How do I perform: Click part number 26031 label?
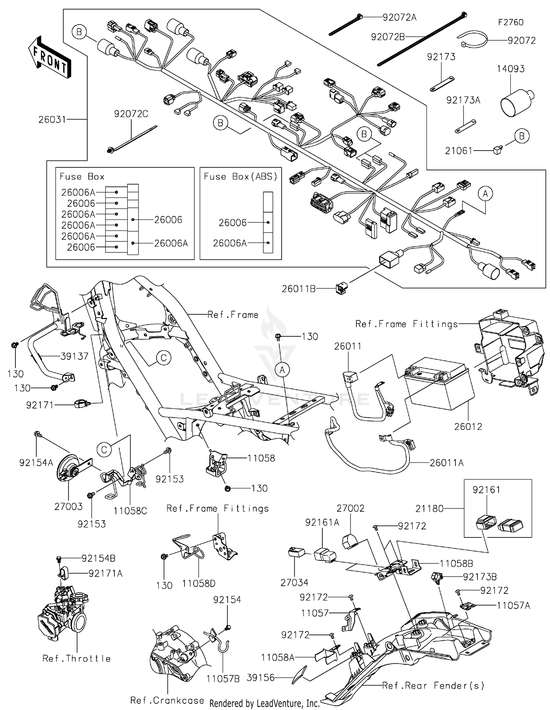click(52, 119)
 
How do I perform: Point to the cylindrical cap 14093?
click(515, 99)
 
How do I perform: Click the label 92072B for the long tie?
click(388, 37)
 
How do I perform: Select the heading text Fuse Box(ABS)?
click(241, 177)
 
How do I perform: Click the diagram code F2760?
click(510, 22)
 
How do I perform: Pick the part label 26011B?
click(298, 289)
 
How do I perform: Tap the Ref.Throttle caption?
click(77, 659)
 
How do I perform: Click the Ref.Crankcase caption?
click(167, 700)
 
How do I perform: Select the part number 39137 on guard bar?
click(74, 356)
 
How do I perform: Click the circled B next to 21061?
click(522, 136)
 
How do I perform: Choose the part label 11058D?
click(199, 584)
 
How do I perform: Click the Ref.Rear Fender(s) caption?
click(433, 685)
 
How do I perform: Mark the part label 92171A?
click(105, 573)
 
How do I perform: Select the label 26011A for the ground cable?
click(446, 463)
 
